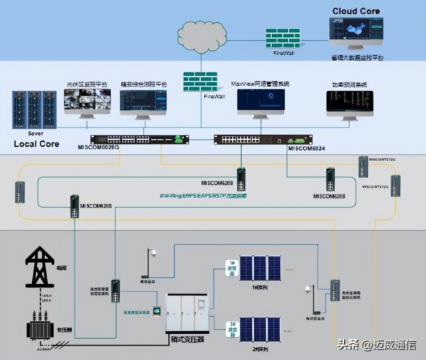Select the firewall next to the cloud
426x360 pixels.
tap(283, 39)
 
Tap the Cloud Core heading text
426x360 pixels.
tap(356, 11)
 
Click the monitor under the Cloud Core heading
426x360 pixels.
tap(356, 33)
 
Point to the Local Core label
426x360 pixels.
tap(37, 144)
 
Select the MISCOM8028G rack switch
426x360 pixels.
tap(139, 139)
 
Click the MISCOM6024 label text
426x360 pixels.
tap(306, 148)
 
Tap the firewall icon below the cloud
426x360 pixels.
tap(200, 82)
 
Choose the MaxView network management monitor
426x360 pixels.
tap(261, 102)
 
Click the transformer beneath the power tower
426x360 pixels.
tap(40, 325)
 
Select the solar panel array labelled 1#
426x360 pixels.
tap(260, 268)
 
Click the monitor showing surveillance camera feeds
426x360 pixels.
tap(87, 101)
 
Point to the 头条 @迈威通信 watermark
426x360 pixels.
tap(376, 345)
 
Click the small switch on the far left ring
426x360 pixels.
tap(20, 192)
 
